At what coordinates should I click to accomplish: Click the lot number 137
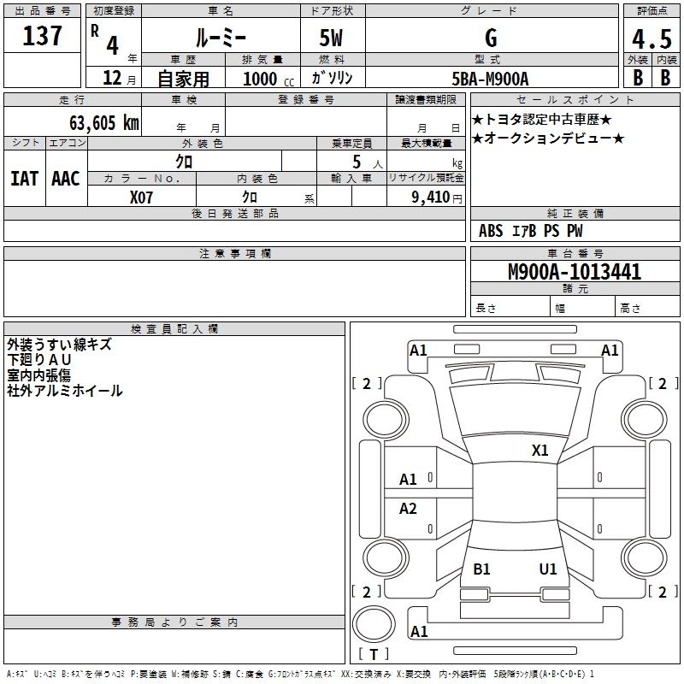[42, 37]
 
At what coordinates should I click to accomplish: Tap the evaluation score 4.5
[652, 40]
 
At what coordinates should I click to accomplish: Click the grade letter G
[491, 38]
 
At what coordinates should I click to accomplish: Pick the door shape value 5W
[333, 39]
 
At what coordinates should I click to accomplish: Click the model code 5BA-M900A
[490, 79]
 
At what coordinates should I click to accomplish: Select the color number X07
[143, 198]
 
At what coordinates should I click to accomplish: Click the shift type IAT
[24, 179]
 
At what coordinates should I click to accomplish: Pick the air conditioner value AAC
[66, 179]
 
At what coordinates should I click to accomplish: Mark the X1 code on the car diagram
[540, 450]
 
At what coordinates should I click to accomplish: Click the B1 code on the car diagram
[481, 569]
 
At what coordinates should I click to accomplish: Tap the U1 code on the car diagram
[548, 569]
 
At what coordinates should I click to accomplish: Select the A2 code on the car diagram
[409, 509]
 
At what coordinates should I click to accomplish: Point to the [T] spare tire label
[374, 654]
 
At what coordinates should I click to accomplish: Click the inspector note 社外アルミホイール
[65, 391]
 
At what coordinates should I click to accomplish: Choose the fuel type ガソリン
[333, 78]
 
